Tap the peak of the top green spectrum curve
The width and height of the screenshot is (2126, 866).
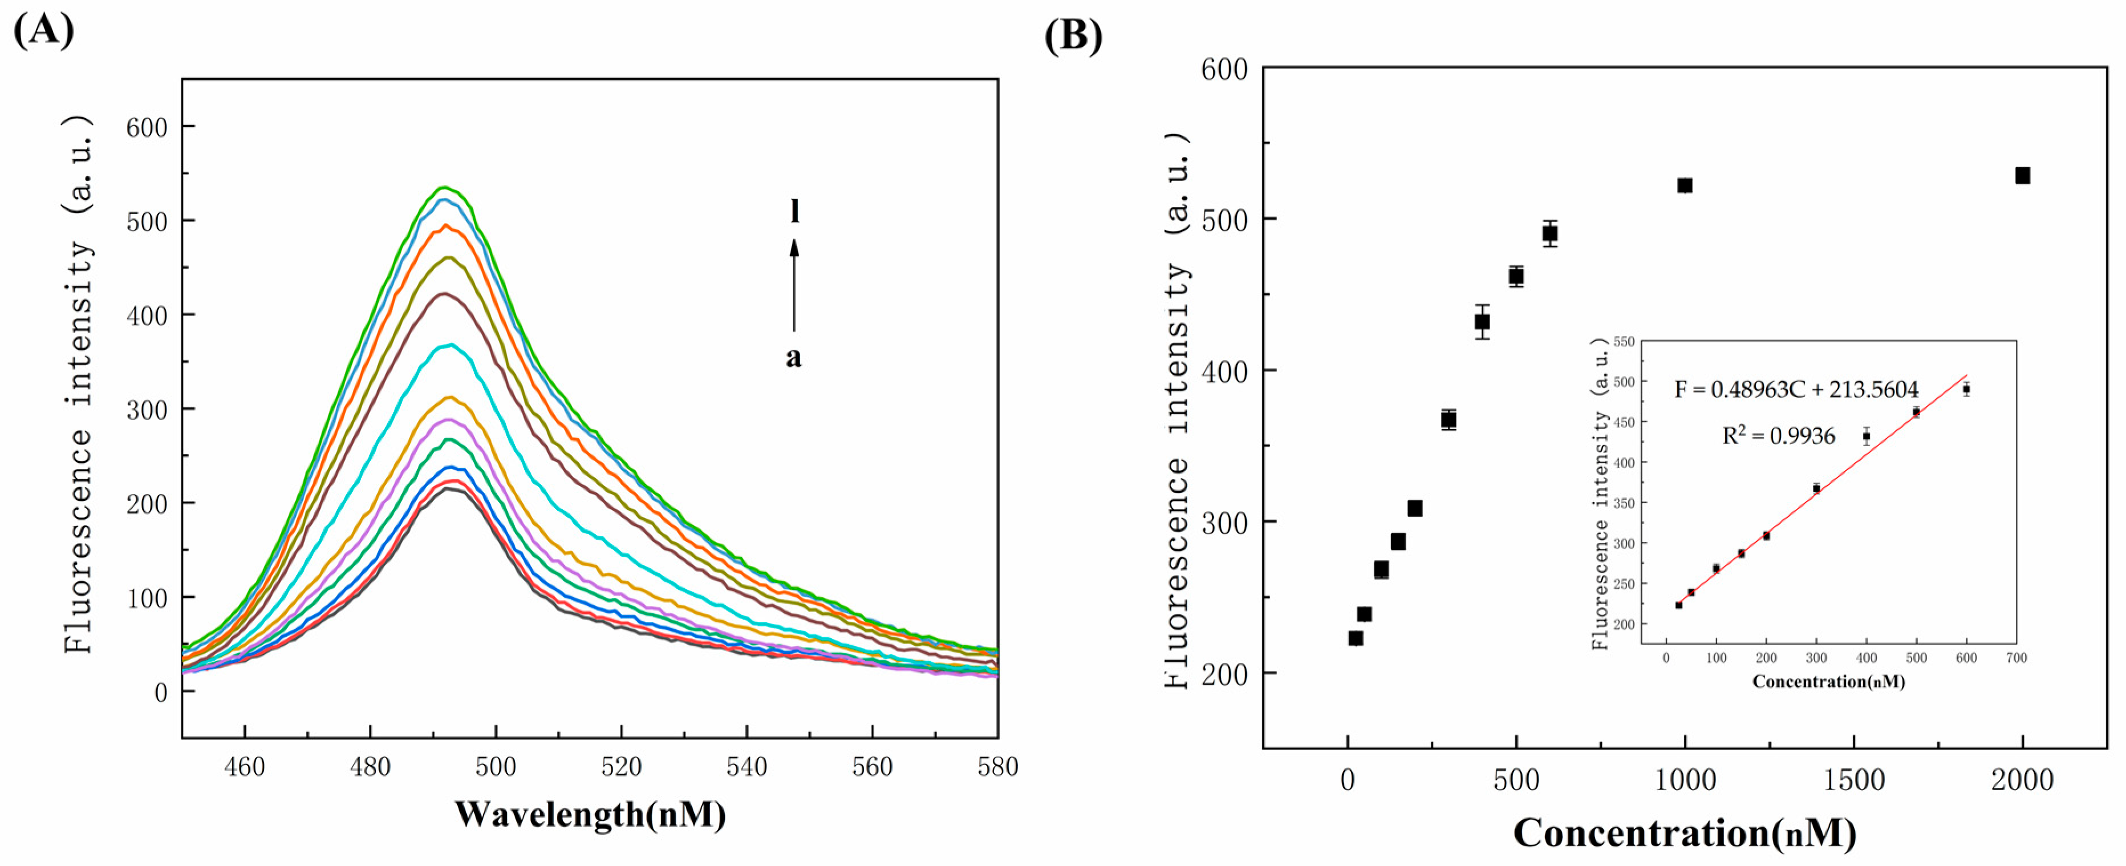(x=443, y=187)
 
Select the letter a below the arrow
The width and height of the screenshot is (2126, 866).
(x=793, y=358)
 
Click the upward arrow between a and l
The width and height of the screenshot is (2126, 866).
(x=794, y=285)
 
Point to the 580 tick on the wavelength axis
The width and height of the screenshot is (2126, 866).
(x=997, y=767)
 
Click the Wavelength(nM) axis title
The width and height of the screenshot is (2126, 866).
(x=590, y=815)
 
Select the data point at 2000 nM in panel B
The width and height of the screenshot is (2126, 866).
(x=2022, y=176)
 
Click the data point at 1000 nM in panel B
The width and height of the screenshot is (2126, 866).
(x=1685, y=186)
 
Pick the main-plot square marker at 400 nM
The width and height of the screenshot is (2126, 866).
(x=1482, y=322)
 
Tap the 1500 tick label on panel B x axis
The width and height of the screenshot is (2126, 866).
(x=1853, y=780)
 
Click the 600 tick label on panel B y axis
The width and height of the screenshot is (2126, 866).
(x=1224, y=70)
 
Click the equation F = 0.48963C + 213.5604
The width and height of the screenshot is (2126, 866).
(x=1796, y=389)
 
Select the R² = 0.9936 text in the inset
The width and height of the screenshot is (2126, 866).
(x=1779, y=436)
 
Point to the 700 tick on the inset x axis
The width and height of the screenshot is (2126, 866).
(x=2017, y=658)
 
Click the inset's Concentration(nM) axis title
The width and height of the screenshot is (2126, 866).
(x=1829, y=682)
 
